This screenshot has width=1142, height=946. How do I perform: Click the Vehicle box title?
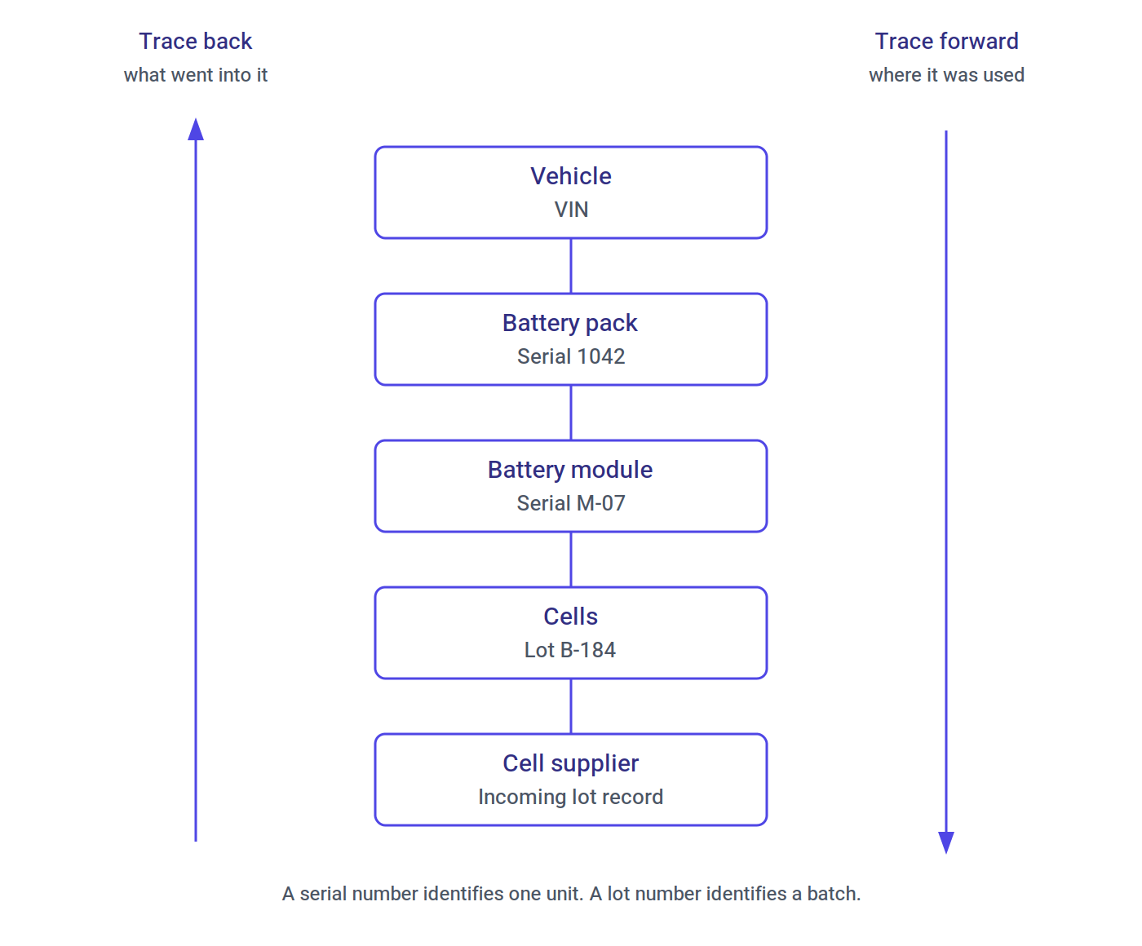tap(570, 176)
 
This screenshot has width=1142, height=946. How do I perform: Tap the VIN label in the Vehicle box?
tap(570, 210)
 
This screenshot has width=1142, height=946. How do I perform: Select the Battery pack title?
tap(570, 323)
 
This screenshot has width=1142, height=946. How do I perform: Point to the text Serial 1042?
tap(570, 356)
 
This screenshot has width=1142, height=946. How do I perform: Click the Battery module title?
tap(570, 470)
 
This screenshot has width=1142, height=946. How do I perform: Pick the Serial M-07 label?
tap(570, 503)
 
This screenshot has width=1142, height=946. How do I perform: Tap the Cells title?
tap(570, 617)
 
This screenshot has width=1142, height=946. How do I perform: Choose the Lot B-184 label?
tap(570, 650)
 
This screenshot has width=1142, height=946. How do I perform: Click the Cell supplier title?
tap(570, 763)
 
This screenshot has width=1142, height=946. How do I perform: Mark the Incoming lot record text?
tap(570, 797)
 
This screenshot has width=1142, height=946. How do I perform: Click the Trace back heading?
tap(195, 41)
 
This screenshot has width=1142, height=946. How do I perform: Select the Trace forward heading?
tap(946, 41)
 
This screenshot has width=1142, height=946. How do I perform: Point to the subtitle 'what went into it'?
tap(195, 75)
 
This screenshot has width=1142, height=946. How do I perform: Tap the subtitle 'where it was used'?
tap(946, 75)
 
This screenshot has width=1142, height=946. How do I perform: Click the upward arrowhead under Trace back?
tap(196, 129)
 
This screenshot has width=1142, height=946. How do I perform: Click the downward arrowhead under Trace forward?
tap(946, 842)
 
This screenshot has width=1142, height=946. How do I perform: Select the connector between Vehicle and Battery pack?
tap(571, 266)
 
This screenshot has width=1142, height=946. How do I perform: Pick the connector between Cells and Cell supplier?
tap(571, 706)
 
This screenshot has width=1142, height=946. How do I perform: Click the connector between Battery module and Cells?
tap(571, 559)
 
